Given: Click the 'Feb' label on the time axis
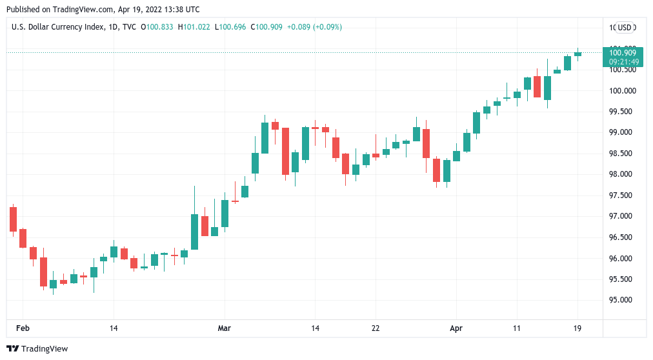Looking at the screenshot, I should coord(23,328).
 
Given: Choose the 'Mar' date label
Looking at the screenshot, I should coord(224,328).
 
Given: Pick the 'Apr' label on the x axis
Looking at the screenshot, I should coord(456,328).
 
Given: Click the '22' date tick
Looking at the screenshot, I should coord(376,328).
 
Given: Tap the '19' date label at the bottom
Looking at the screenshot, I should coord(578,328).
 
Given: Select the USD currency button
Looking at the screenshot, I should coord(625,27).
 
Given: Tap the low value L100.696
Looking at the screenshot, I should coord(233,27).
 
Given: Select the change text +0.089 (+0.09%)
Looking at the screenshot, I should coord(314,27).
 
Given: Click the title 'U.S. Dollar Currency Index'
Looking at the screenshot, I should coord(56,27).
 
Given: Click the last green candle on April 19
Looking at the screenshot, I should coord(578,54).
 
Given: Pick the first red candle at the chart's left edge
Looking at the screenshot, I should coord(12,219).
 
